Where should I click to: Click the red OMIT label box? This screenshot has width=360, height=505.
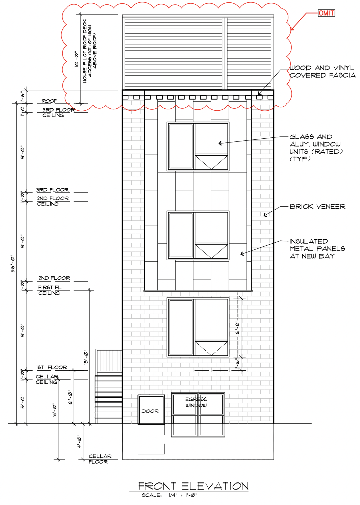pyautogui.click(x=326, y=13)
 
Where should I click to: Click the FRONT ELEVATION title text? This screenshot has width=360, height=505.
pyautogui.click(x=193, y=486)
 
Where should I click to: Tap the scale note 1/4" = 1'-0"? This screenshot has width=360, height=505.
pyautogui.click(x=183, y=495)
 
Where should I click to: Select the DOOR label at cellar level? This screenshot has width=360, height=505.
pyautogui.click(x=150, y=411)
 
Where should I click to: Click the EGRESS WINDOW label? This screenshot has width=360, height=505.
pyautogui.click(x=196, y=402)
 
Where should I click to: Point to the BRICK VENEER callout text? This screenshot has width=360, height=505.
pyautogui.click(x=317, y=207)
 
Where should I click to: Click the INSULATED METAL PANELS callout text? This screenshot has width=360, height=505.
pyautogui.click(x=317, y=249)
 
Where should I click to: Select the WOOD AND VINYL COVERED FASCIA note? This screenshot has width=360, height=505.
pyautogui.click(x=322, y=72)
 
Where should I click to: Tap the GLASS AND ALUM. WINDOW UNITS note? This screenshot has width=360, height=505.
pyautogui.click(x=315, y=148)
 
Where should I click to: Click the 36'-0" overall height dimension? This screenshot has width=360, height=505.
pyautogui.click(x=13, y=263)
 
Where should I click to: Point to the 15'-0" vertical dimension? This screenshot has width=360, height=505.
pyautogui.click(x=86, y=357)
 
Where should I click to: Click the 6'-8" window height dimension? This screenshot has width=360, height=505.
pyautogui.click(x=237, y=327)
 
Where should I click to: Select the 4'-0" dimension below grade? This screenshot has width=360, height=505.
pyautogui.click(x=79, y=441)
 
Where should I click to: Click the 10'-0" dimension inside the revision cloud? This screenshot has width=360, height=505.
pyautogui.click(x=76, y=59)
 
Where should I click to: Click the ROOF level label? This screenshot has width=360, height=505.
pyautogui.click(x=49, y=101)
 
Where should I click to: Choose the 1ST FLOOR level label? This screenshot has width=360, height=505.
pyautogui.click(x=51, y=367)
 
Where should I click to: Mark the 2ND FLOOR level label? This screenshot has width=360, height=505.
pyautogui.click(x=54, y=278)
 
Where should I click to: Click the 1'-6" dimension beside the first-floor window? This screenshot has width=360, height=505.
pyautogui.click(x=237, y=364)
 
